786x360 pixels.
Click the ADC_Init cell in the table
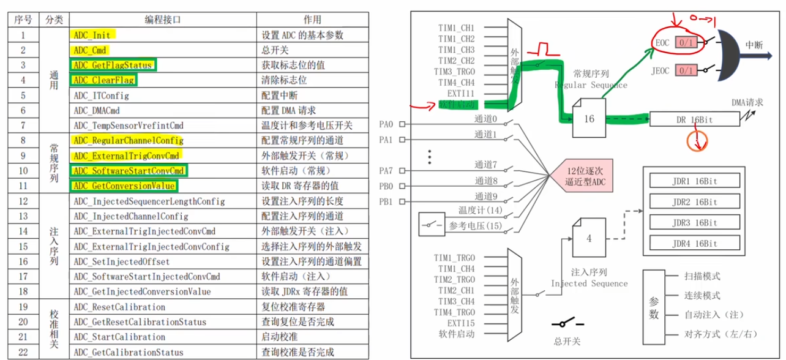92,36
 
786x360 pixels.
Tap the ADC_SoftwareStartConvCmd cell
129,171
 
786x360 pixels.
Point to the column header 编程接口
162,20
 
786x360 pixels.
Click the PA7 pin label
386,170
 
